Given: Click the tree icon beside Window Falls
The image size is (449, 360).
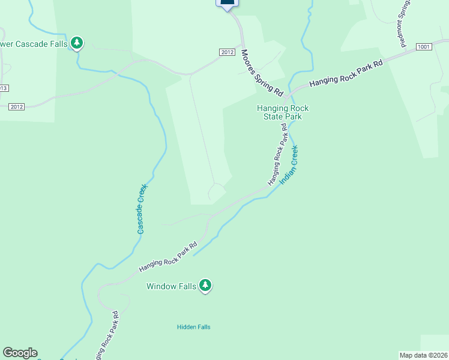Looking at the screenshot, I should (x=206, y=285).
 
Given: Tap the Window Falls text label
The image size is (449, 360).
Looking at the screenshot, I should (x=172, y=286).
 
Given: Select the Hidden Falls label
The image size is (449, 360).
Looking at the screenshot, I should (x=193, y=327).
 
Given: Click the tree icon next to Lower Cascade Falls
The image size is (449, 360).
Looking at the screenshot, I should (x=76, y=43).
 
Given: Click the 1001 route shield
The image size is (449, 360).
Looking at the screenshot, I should (x=423, y=47).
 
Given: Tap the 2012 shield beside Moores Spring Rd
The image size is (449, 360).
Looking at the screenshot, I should (x=226, y=52).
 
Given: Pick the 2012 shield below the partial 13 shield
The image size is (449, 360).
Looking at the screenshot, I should (x=16, y=107).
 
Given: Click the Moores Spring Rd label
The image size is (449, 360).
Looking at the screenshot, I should (x=262, y=73).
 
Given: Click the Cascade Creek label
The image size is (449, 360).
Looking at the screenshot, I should (x=142, y=209).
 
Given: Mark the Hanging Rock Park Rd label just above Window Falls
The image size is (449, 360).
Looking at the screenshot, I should (x=168, y=257).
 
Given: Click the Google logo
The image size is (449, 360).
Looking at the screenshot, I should (x=20, y=353).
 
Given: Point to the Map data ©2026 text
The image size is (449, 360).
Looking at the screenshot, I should (x=423, y=355).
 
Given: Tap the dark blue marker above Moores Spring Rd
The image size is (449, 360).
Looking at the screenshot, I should (x=227, y=4).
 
